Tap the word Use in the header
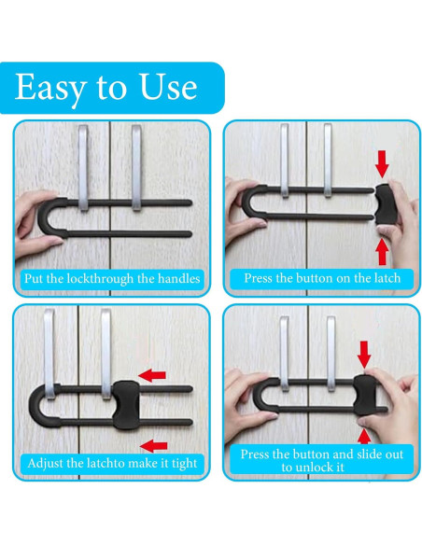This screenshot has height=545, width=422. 168,87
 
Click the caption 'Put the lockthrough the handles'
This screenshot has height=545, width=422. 112,279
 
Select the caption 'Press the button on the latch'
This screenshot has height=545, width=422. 322,278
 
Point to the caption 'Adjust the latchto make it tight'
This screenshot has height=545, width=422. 112,463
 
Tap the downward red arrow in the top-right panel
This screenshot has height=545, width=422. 382,163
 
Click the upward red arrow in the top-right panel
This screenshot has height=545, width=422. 382,252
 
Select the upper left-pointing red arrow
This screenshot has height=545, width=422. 152,375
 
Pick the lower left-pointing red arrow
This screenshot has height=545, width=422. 153,445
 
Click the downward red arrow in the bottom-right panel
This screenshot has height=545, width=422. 364,355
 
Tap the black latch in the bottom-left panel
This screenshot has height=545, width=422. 127,405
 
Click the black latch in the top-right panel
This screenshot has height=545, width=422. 386,204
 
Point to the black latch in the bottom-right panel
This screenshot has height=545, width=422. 365,395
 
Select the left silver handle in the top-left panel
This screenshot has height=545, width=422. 83,168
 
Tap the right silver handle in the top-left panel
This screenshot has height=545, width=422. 136,168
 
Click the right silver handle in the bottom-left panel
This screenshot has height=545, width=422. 106,354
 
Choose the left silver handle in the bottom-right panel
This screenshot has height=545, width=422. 284,354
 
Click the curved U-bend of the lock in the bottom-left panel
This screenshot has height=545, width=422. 35,405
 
